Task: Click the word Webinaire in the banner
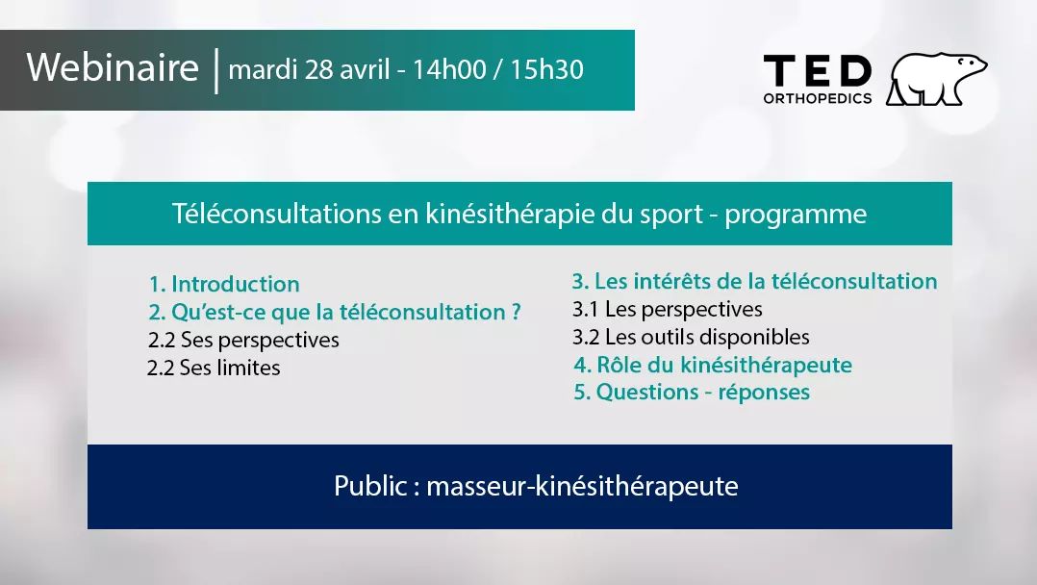pyautogui.click(x=113, y=69)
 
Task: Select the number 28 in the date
pyautogui.click(x=319, y=70)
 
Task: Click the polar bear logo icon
pyautogui.click(x=936, y=80)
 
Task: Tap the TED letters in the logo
pyautogui.click(x=817, y=71)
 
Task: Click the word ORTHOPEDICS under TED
pyautogui.click(x=817, y=98)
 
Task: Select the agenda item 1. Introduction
pyautogui.click(x=224, y=285)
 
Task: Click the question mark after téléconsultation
pyautogui.click(x=516, y=313)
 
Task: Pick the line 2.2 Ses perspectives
pyautogui.click(x=243, y=341)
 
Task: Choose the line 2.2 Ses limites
pyautogui.click(x=214, y=369)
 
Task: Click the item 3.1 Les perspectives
pyautogui.click(x=667, y=310)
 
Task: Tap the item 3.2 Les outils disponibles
pyautogui.click(x=691, y=338)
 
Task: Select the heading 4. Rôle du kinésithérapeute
pyautogui.click(x=713, y=366)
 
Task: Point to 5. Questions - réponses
pyautogui.click(x=692, y=393)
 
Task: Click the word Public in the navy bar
pyautogui.click(x=369, y=487)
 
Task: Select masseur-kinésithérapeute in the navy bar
pyautogui.click(x=582, y=487)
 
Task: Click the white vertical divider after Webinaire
pyautogui.click(x=215, y=70)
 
